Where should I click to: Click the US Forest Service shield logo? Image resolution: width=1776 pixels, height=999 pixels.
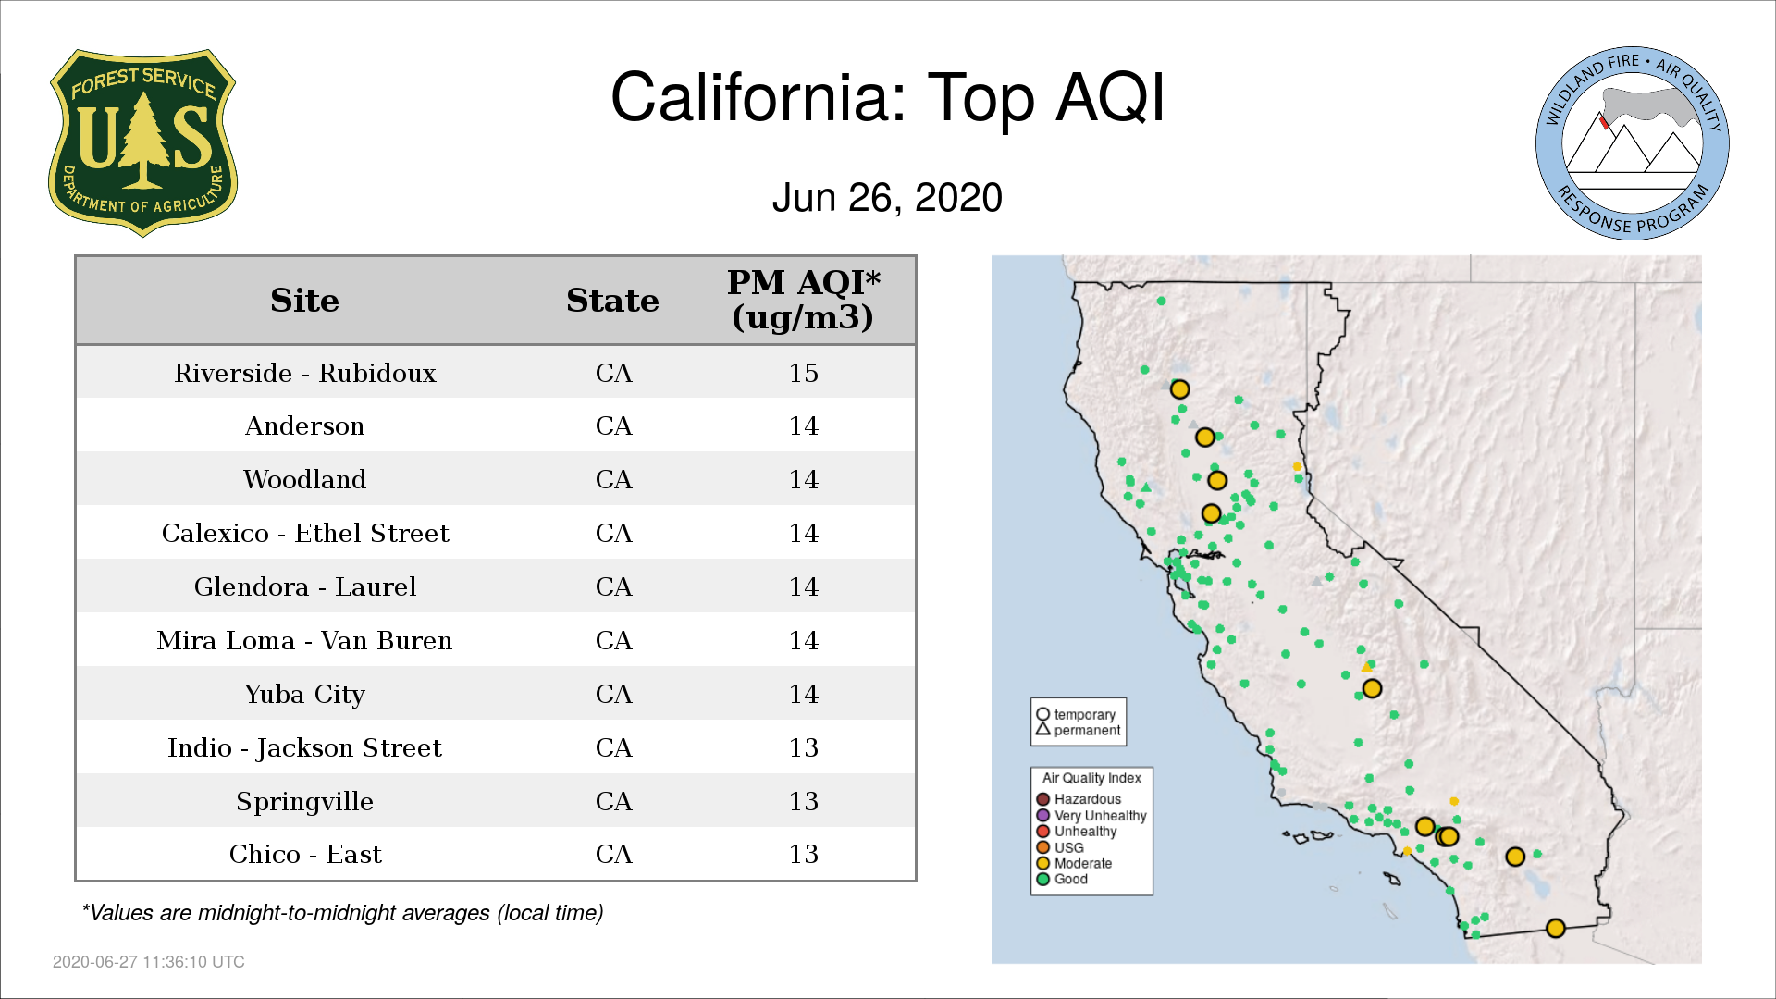tap(142, 143)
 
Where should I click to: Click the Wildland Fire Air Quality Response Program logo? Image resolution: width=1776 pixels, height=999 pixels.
tap(1633, 143)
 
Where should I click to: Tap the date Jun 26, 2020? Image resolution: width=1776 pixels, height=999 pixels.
tap(887, 198)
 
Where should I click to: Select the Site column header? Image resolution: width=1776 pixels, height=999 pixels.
tap(304, 301)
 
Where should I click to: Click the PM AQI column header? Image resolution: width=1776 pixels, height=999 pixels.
tap(803, 300)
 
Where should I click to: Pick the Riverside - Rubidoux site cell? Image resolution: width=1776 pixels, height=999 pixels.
tap(304, 373)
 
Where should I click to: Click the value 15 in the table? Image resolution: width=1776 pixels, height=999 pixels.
tap(803, 373)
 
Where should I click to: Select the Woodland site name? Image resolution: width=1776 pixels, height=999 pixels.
tap(304, 479)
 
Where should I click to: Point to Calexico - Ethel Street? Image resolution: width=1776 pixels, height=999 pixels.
tap(305, 533)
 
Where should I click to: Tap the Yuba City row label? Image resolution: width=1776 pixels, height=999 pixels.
tap(304, 694)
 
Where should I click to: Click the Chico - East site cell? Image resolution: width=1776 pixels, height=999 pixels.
tap(305, 854)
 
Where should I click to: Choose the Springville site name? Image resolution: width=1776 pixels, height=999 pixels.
tap(304, 801)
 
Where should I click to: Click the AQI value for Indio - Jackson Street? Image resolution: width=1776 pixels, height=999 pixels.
tap(803, 747)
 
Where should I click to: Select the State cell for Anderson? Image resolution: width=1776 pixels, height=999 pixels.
tap(613, 425)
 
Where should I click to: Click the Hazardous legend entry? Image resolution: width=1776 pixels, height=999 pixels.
tap(1079, 799)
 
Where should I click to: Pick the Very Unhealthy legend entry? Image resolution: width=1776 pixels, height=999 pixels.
tap(1091, 816)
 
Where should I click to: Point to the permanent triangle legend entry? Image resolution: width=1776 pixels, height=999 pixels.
tap(1078, 730)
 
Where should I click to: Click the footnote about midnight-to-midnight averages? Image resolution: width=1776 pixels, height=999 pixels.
tap(342, 913)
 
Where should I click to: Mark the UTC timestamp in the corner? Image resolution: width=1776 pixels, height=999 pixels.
tap(149, 962)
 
